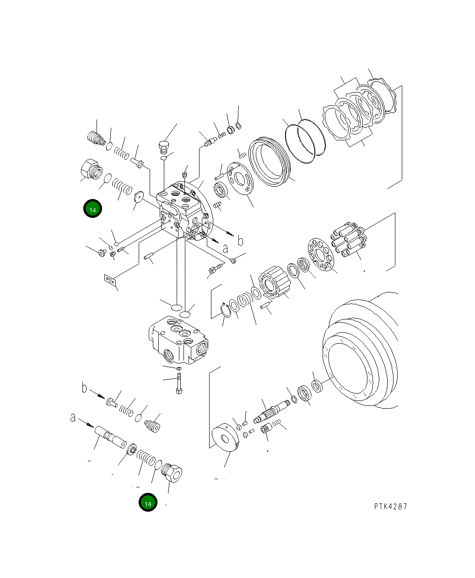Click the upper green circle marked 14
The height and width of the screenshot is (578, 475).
[92, 209]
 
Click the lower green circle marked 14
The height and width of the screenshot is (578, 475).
[148, 502]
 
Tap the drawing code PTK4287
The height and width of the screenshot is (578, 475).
[390, 506]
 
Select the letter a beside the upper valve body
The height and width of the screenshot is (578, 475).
[225, 248]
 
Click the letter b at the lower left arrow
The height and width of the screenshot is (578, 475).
[84, 388]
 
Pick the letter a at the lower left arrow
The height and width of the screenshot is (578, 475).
[73, 417]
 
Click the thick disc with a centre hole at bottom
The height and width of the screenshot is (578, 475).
[226, 438]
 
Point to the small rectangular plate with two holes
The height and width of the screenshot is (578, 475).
[109, 279]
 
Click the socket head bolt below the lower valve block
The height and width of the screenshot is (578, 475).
[178, 384]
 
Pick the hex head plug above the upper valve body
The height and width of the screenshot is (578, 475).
[164, 147]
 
